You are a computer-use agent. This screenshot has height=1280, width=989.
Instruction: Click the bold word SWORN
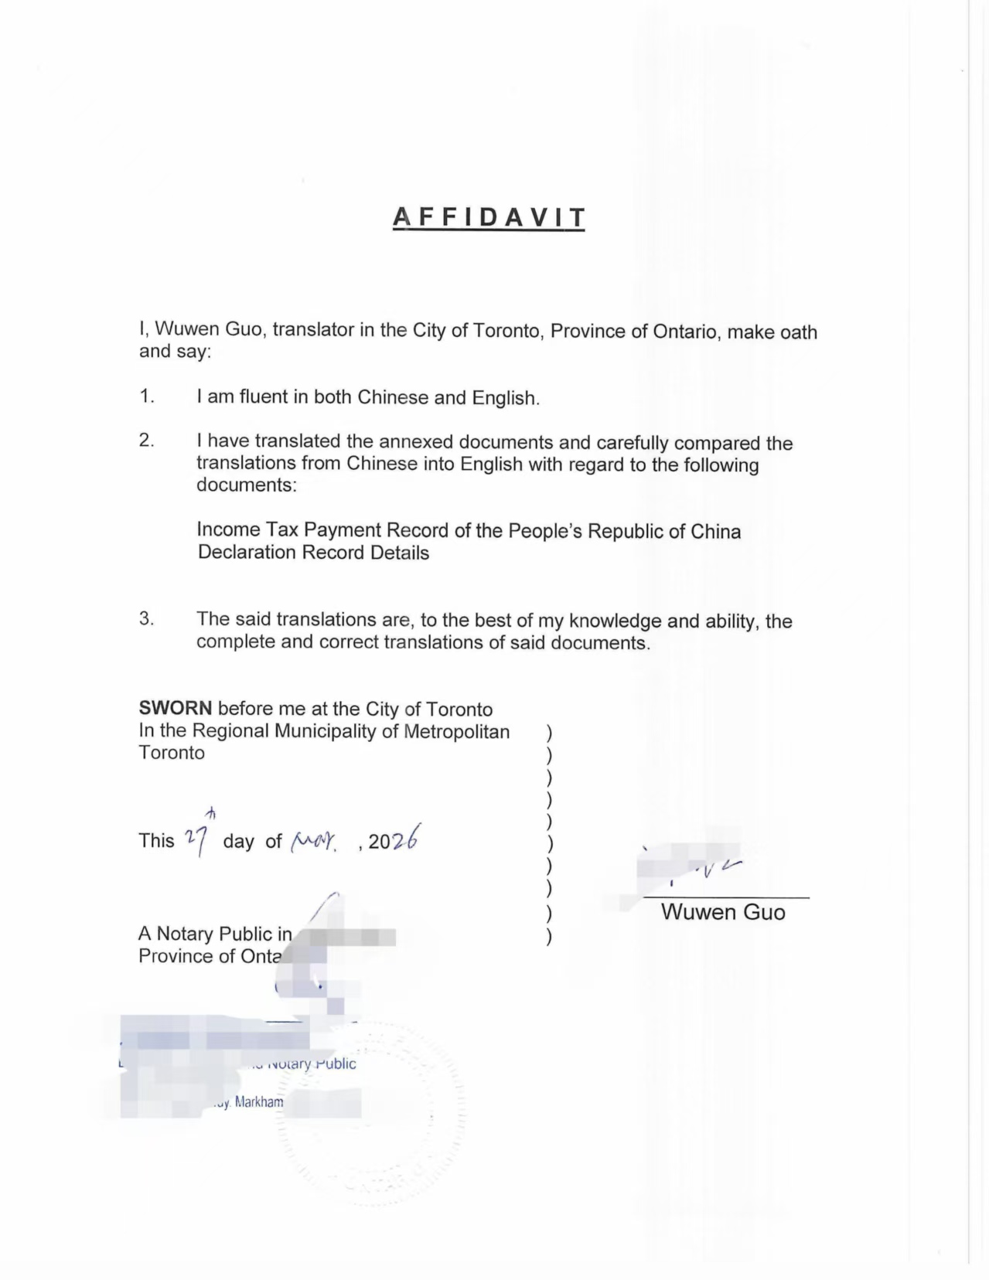pos(175,709)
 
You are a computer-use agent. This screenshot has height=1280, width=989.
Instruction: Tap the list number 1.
pos(147,397)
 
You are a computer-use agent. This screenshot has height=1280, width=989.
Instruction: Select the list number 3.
pos(147,618)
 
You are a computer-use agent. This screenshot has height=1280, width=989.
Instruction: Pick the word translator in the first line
pos(313,330)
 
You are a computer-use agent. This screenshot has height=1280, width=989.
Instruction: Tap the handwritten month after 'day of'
pos(313,841)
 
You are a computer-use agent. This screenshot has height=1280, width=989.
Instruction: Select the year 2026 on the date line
pos(394,839)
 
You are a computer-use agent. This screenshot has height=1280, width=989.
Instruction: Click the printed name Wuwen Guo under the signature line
pos(723,913)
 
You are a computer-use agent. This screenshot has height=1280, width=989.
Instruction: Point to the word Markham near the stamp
pos(259,1101)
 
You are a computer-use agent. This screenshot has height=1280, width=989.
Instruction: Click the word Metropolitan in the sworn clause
pos(456,731)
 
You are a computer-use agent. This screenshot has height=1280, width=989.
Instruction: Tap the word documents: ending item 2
pos(246,485)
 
